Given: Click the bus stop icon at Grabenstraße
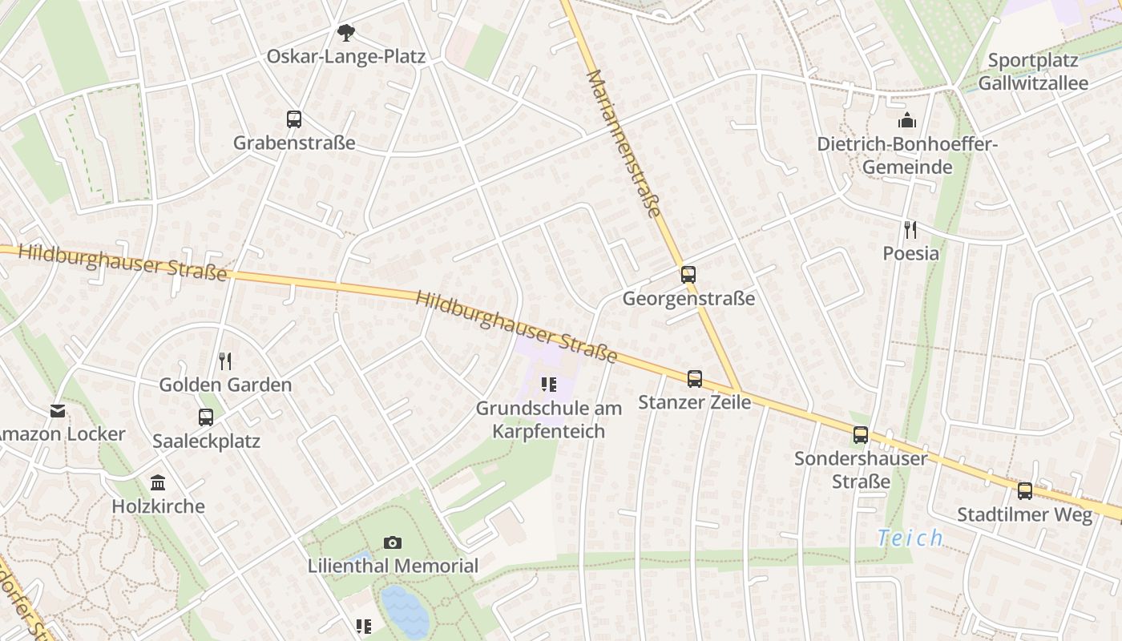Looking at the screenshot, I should (x=294, y=119).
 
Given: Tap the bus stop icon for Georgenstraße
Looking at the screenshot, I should (x=688, y=275).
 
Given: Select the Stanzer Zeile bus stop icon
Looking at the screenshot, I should (x=695, y=378).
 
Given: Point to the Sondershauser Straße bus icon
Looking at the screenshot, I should (x=861, y=435).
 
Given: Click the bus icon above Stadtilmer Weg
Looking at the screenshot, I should (x=1025, y=491).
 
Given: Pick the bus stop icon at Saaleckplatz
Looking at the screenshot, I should (x=206, y=417).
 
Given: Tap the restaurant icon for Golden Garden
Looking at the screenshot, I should (x=225, y=361).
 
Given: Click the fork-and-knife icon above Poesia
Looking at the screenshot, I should (x=910, y=230).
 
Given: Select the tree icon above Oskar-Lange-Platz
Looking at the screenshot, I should (x=345, y=33).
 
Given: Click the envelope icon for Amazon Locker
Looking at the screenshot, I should (x=58, y=411).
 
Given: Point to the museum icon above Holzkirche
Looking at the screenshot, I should (x=158, y=483).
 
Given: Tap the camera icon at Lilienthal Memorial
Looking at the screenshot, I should (x=392, y=542).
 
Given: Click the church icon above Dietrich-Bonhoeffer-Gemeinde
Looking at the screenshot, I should (x=907, y=121).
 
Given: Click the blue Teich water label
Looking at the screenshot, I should (x=910, y=538).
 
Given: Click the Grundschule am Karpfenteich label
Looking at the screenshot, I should (x=548, y=420).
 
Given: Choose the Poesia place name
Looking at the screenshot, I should (x=910, y=253).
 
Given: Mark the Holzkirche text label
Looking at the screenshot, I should (x=158, y=506).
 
